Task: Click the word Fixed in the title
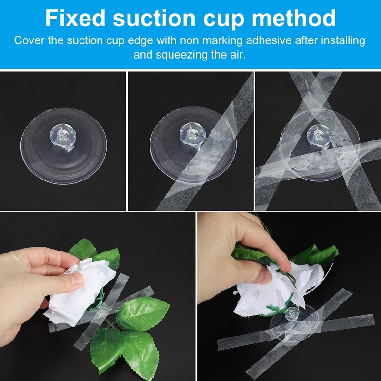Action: pos(75,18)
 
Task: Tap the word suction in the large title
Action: pos(154,18)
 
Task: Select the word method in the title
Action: pos(294,18)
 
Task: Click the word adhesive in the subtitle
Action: pos(269,40)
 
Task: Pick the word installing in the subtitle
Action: pos(343,40)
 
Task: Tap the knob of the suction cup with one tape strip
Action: pos(193,134)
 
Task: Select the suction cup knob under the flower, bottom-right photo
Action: pos(292,313)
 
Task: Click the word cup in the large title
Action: pos(223,19)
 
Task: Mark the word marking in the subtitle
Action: pos(222,41)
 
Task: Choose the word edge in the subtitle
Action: pos(141,41)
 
